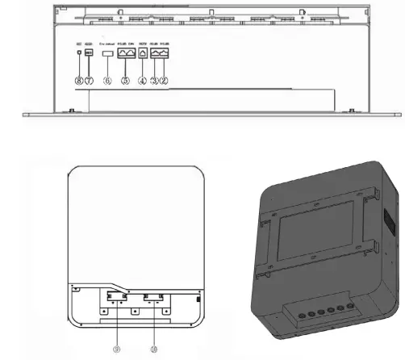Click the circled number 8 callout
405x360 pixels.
tap(78, 81)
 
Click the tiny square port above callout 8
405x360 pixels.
tap(77, 52)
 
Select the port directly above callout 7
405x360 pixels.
tap(89, 52)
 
